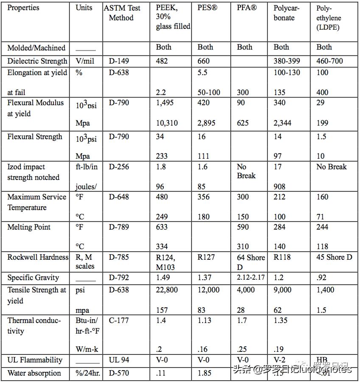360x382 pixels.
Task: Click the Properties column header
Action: click(23, 8)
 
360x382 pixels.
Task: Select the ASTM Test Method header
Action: click(121, 13)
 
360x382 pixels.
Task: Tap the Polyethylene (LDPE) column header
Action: click(328, 18)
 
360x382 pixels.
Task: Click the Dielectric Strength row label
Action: click(37, 61)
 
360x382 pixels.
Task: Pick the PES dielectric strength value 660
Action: click(204, 61)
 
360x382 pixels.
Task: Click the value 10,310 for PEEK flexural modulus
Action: click(167, 123)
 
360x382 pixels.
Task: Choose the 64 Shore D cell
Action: click(251, 262)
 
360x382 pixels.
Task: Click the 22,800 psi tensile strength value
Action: click(167, 290)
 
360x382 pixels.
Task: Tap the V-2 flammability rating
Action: click(279, 360)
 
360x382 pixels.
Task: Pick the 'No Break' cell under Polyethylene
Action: click(332, 167)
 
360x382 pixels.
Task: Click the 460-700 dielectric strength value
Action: click(330, 61)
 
